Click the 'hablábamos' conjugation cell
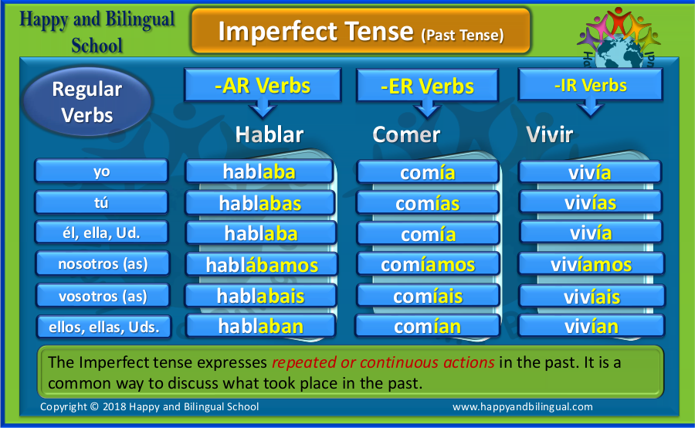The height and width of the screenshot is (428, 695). pyautogui.click(x=262, y=265)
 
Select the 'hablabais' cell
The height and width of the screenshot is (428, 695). pyautogui.click(x=261, y=296)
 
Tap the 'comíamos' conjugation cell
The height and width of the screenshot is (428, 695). pyautogui.click(x=428, y=265)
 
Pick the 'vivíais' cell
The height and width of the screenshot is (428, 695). pyautogui.click(x=592, y=296)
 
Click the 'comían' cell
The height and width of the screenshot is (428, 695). pyautogui.click(x=427, y=327)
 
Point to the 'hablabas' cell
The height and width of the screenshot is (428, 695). pyautogui.click(x=260, y=203)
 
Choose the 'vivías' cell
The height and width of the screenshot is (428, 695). pyautogui.click(x=591, y=202)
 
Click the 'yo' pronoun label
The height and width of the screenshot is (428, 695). pyautogui.click(x=101, y=172)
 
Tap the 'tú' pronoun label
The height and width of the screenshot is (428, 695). pyautogui.click(x=101, y=202)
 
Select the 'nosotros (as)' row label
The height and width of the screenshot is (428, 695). pyautogui.click(x=103, y=264)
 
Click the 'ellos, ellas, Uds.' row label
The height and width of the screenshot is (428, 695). pyautogui.click(x=103, y=328)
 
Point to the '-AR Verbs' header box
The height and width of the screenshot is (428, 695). pyautogui.click(x=263, y=85)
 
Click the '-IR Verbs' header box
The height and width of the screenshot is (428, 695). pyautogui.click(x=591, y=85)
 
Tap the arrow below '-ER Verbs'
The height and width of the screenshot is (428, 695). pyautogui.click(x=427, y=109)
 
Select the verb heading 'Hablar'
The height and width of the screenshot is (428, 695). pyautogui.click(x=269, y=134)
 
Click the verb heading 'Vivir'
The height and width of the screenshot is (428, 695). pyautogui.click(x=549, y=134)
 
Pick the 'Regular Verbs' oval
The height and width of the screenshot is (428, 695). pyautogui.click(x=86, y=102)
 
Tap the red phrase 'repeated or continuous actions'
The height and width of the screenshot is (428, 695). pyautogui.click(x=383, y=362)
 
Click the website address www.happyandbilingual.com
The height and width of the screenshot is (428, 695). pyautogui.click(x=523, y=406)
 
